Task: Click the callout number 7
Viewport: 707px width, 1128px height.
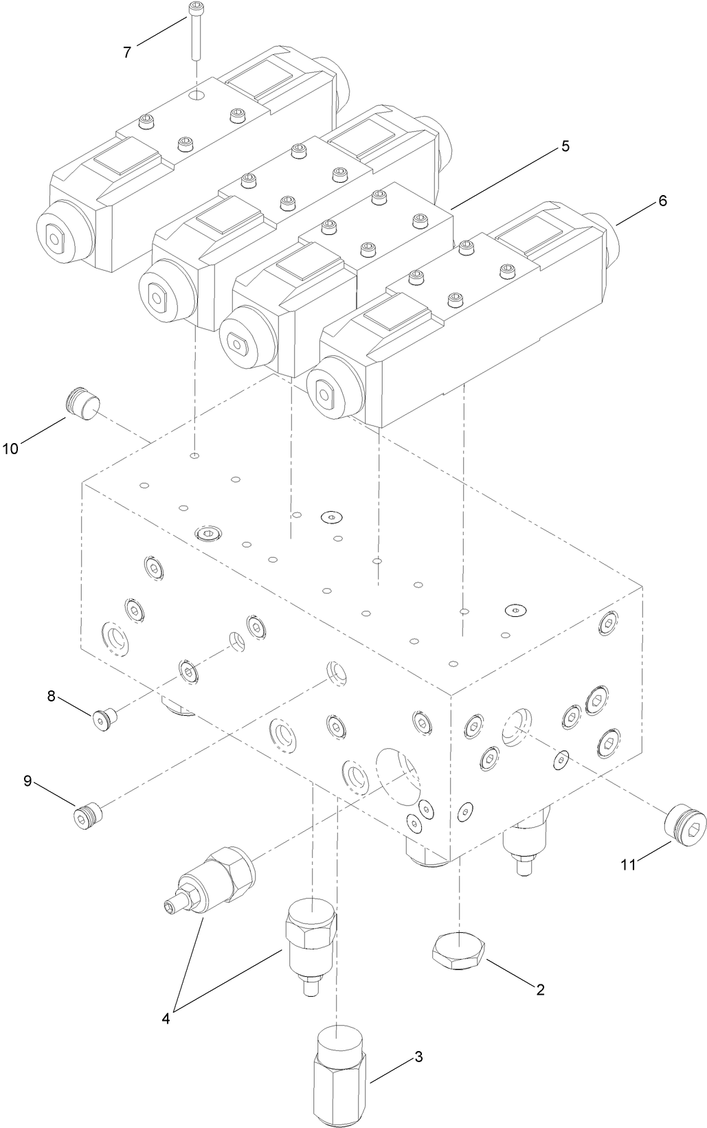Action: (x=127, y=52)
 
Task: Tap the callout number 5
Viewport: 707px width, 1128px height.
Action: (x=565, y=146)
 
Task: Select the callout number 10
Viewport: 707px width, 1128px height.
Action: (x=10, y=449)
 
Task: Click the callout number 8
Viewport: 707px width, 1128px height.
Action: (x=51, y=696)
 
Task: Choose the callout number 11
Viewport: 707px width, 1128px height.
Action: (x=628, y=865)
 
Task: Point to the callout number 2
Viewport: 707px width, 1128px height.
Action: (x=540, y=989)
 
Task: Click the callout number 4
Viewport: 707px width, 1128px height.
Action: (x=166, y=1018)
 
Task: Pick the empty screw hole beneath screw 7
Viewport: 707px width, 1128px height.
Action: (x=197, y=93)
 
